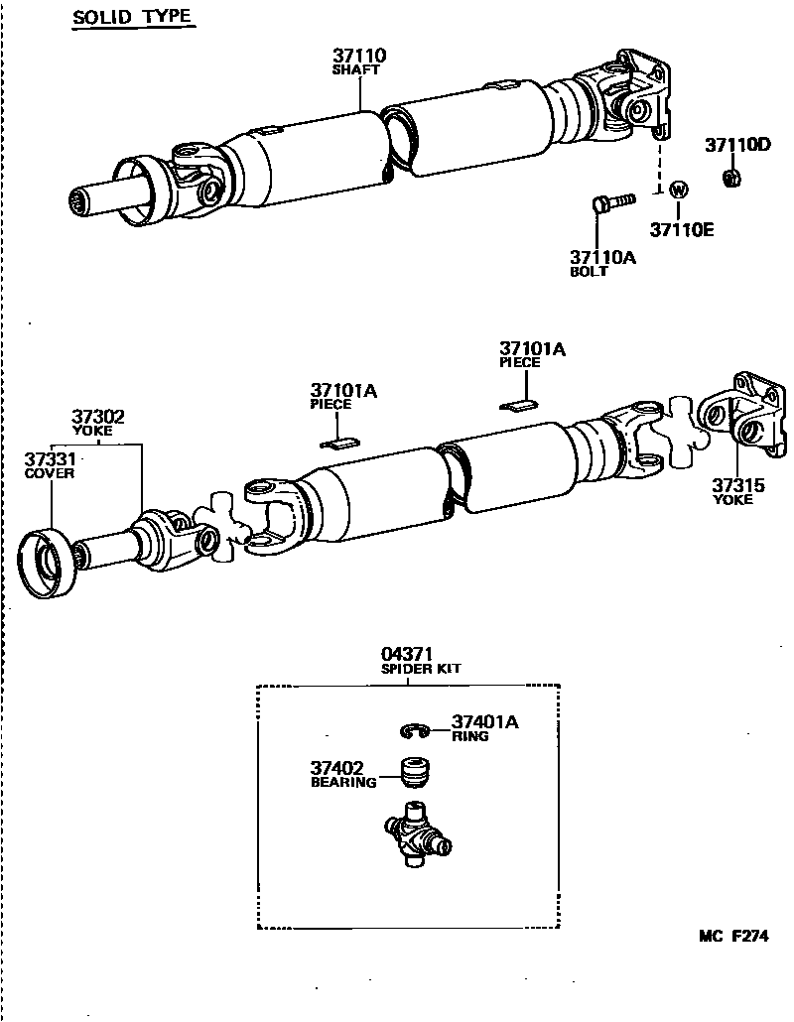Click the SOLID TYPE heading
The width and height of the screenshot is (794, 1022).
132,19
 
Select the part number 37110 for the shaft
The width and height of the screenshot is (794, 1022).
358,57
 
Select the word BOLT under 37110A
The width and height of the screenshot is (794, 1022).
589,271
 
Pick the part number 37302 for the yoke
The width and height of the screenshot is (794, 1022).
97,417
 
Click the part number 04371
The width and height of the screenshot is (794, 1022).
408,654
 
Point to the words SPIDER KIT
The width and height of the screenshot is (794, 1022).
421,669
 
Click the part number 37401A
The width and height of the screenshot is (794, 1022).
484,722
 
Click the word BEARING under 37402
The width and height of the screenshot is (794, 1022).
343,782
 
